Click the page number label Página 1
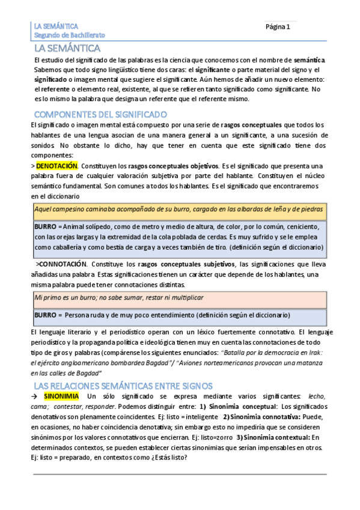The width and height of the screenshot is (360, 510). (x=278, y=27)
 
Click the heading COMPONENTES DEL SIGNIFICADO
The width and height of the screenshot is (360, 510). (x=100, y=114)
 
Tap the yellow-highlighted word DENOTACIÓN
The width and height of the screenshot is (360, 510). (x=57, y=165)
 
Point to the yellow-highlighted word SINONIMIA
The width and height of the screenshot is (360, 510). (x=60, y=397)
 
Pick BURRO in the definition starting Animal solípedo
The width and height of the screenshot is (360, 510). (x=44, y=226)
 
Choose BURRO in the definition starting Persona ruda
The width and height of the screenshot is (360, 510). (x=44, y=315)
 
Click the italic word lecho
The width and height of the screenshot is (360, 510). (x=316, y=397)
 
